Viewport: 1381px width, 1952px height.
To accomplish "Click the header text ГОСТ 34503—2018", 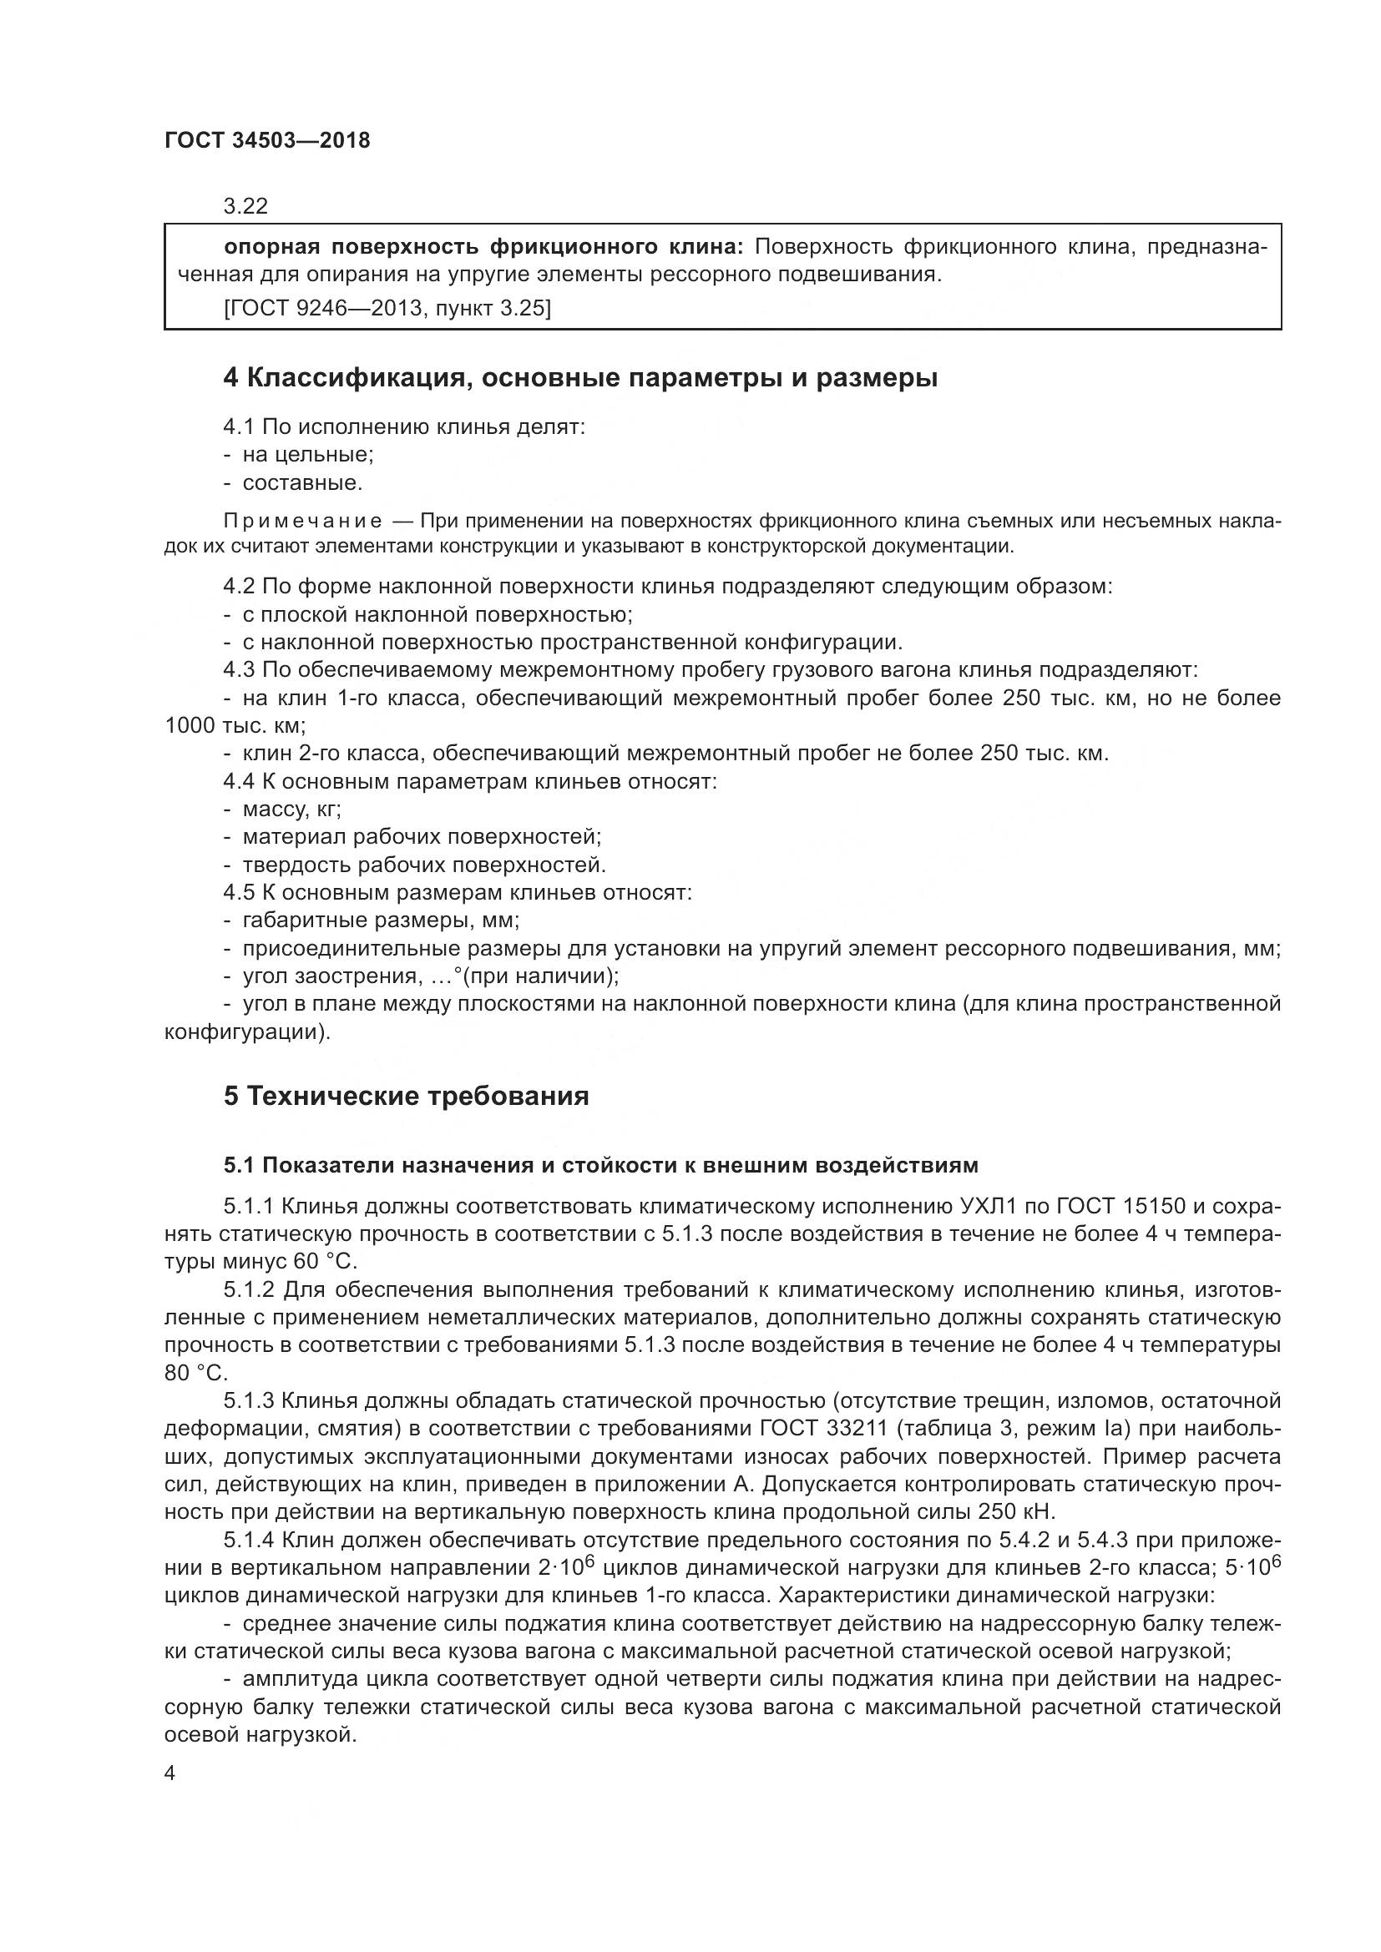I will pyautogui.click(x=267, y=140).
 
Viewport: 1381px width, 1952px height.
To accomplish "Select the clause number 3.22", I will pyautogui.click(x=245, y=206).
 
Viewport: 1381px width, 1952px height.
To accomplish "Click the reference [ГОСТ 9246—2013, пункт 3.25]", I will pyautogui.click(x=387, y=308).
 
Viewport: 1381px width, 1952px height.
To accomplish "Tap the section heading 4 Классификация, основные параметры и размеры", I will pyautogui.click(x=580, y=377).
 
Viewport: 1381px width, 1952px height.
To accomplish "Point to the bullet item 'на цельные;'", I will pyautogui.click(x=308, y=454).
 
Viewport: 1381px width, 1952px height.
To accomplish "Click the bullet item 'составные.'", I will pyautogui.click(x=302, y=483).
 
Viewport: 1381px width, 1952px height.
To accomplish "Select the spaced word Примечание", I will pyautogui.click(x=302, y=521).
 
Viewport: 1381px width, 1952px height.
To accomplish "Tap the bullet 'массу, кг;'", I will pyautogui.click(x=291, y=809).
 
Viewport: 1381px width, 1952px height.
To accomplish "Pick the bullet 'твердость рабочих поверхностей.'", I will pyautogui.click(x=423, y=865).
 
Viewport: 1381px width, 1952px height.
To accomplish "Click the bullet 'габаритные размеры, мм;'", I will pyautogui.click(x=381, y=920).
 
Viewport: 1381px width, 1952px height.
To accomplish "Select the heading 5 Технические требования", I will pyautogui.click(x=406, y=1096).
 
